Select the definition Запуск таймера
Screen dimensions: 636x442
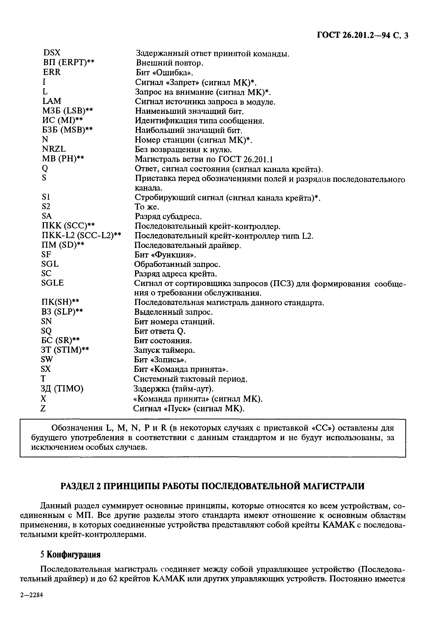coord(164,350)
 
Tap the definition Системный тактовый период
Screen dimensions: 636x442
coord(190,379)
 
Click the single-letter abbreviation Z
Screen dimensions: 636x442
coord(43,408)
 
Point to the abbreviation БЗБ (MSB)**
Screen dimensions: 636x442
coord(67,130)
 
